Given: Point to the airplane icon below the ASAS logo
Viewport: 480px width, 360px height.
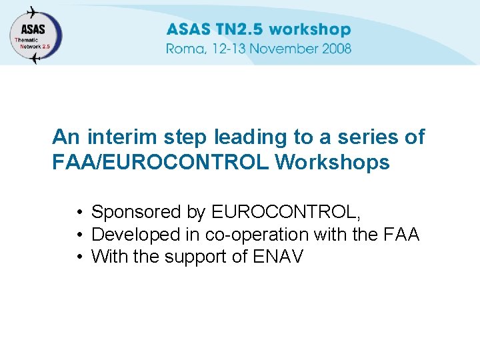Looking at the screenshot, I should coord(35,59).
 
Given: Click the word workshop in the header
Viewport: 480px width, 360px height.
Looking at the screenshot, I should coord(310,30).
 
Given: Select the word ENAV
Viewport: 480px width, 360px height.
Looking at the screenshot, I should coord(279,257).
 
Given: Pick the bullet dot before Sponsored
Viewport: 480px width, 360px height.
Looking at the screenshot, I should coord(79,213).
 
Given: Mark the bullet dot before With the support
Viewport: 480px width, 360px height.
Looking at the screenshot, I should coord(79,257).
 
